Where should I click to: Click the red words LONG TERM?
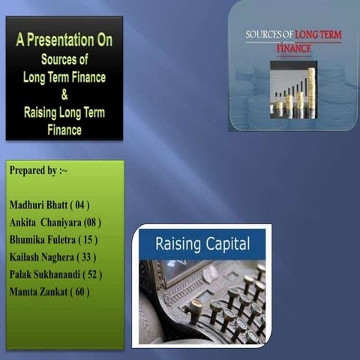[319, 34]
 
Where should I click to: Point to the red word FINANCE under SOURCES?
[293, 48]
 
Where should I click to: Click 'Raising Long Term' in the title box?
[64, 113]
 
